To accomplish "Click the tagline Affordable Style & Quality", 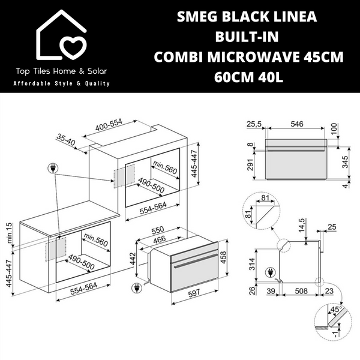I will coord(61,83).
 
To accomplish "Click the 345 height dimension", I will coord(344,163).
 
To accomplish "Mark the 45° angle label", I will coord(337,311).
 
